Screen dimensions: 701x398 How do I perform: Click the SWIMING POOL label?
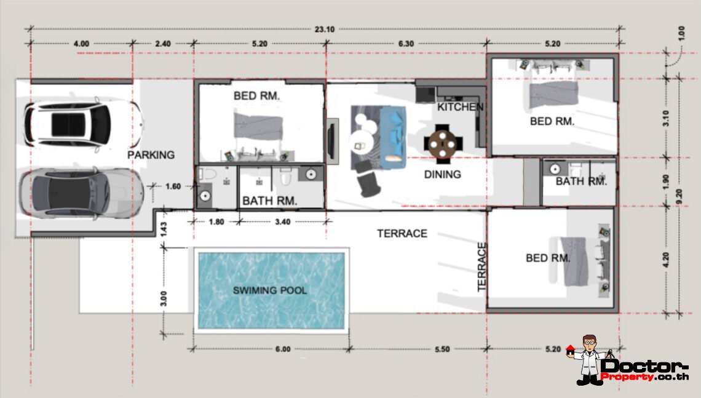tap(269, 290)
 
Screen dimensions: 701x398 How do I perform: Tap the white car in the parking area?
tap(84, 124)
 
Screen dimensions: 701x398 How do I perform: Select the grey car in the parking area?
tap(81, 193)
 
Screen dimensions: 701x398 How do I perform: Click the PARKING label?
tap(151, 155)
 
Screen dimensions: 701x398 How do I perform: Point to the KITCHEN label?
tap(461, 107)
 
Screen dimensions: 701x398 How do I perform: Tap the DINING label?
tap(443, 175)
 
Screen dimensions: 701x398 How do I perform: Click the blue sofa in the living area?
tap(393, 137)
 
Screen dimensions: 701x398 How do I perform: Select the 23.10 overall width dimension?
tap(325, 30)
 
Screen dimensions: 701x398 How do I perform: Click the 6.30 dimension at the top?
tap(406, 44)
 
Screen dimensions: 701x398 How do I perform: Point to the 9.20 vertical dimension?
tap(679, 196)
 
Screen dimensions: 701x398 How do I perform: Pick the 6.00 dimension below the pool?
tap(282, 349)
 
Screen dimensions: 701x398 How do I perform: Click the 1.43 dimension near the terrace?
tap(163, 229)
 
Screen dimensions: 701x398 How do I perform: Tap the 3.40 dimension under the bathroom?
tap(282, 222)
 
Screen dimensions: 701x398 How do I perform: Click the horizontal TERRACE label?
tap(402, 233)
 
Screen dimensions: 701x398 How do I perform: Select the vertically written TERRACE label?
tap(481, 267)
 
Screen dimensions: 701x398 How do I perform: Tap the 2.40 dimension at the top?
tap(163, 44)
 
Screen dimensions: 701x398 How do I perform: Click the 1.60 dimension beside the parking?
tap(173, 186)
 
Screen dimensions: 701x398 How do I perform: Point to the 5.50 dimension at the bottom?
tap(442, 349)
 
